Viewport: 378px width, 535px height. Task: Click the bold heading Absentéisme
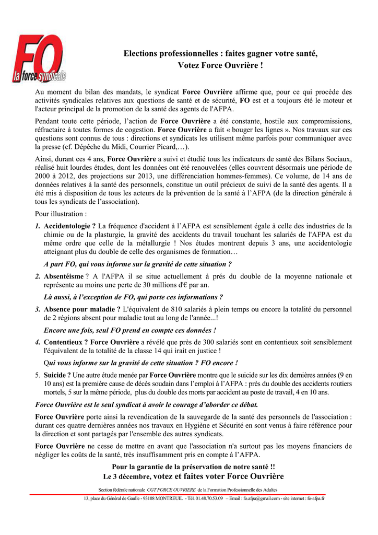64,276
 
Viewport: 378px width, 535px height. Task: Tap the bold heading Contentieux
66,342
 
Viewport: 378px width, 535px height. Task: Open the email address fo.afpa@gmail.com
263,498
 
